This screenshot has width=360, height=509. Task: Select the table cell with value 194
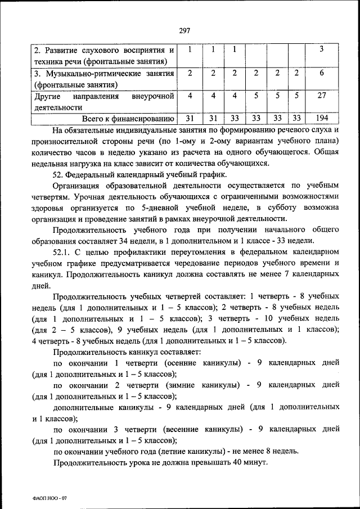(321, 118)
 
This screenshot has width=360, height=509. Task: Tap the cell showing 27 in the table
(321, 96)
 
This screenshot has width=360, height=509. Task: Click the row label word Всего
(94, 118)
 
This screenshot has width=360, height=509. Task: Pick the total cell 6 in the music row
(321, 73)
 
